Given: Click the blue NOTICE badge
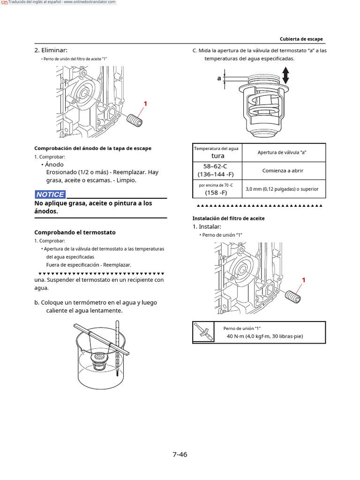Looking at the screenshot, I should click(x=50, y=194).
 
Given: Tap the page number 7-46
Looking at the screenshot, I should click(x=180, y=454).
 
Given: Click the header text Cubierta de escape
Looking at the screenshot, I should click(x=301, y=39).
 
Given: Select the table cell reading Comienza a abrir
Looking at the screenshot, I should click(x=282, y=171).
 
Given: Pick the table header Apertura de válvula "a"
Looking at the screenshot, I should click(x=282, y=152).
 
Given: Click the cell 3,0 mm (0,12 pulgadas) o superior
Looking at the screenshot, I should click(x=282, y=189).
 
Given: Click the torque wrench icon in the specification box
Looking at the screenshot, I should click(x=203, y=332).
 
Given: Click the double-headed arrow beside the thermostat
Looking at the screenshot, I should click(x=285, y=75).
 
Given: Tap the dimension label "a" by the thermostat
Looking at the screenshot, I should click(x=219, y=78).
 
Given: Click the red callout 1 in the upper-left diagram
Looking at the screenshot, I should click(x=145, y=104).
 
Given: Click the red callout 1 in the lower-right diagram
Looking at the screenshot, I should click(x=303, y=280).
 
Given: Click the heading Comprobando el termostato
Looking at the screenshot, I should click(x=75, y=232).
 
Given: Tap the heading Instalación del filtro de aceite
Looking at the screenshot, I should click(x=228, y=218).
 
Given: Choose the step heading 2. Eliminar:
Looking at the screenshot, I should click(x=51, y=50).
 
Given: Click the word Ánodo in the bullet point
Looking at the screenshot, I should click(x=54, y=165).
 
